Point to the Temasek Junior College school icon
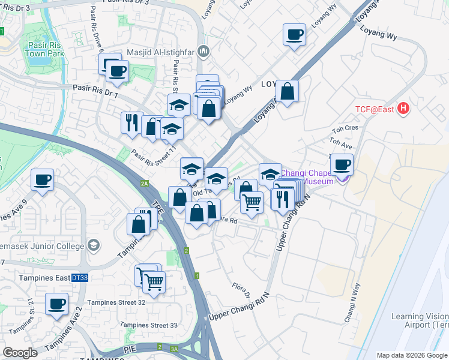click(x=93, y=245)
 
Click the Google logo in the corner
click(x=20, y=353)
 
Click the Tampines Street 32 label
click(x=116, y=303)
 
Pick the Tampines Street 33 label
click(x=148, y=325)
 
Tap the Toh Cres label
click(x=345, y=128)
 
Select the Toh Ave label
click(x=340, y=145)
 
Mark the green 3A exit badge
click(x=175, y=348)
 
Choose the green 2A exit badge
click(x=144, y=184)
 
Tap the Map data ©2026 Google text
click(x=412, y=355)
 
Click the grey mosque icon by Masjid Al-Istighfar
click(x=203, y=53)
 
